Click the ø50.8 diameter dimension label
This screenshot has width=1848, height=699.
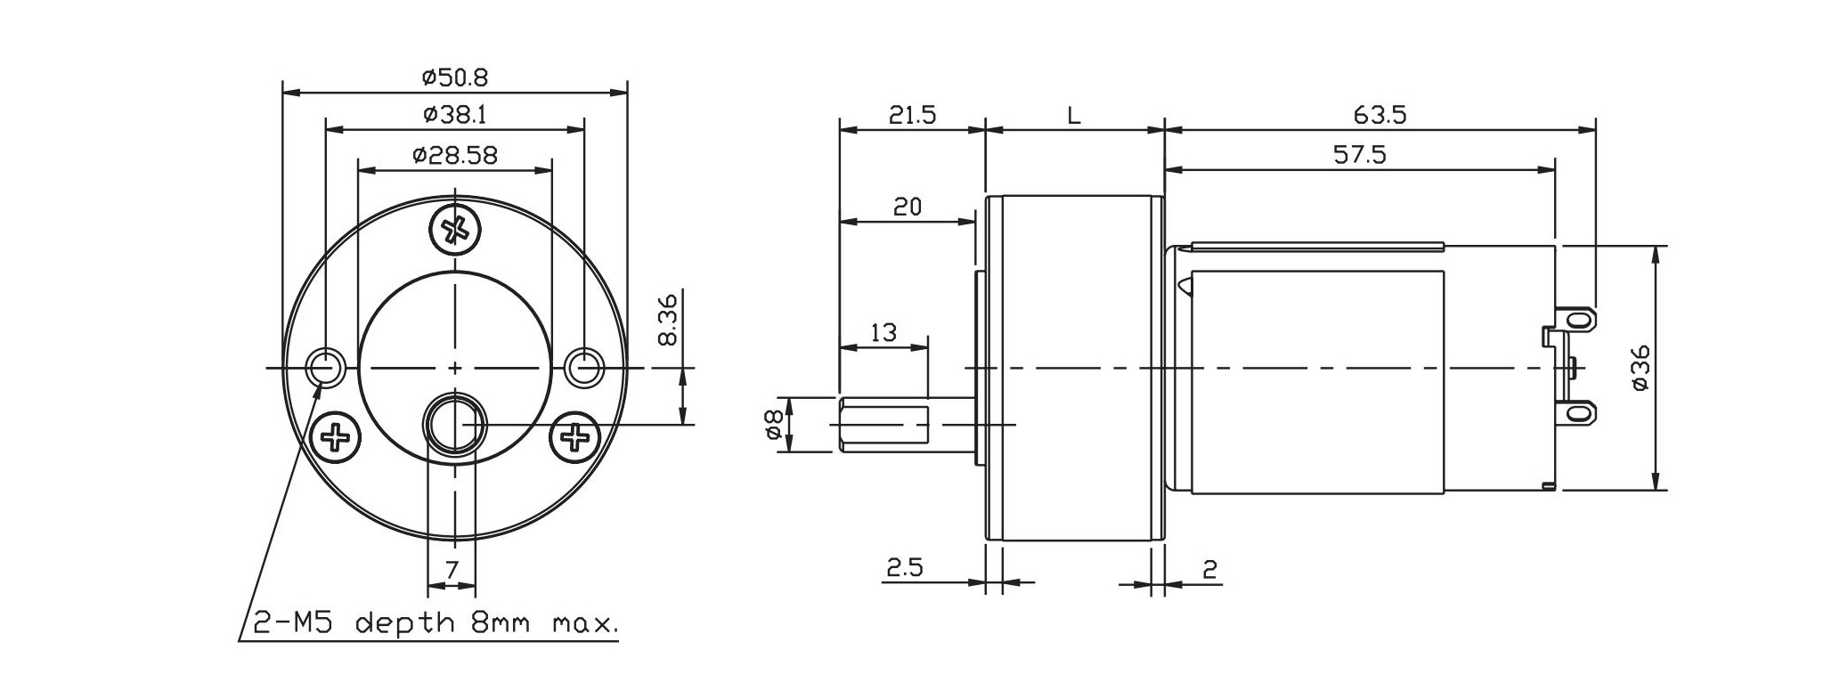[x=454, y=78]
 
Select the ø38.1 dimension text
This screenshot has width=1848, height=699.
[x=454, y=115]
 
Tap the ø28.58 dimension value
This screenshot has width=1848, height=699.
[x=454, y=156]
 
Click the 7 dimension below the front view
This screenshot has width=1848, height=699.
[x=452, y=569]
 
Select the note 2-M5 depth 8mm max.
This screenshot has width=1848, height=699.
[x=436, y=622]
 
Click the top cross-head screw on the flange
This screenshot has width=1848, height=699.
[x=455, y=231]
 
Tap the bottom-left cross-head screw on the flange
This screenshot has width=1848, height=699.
[x=337, y=436]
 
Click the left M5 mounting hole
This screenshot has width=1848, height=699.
[x=326, y=367]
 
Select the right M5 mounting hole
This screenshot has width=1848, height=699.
[x=584, y=367]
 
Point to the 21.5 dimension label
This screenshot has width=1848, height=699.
[x=912, y=116]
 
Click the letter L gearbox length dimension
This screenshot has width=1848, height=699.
[x=1074, y=116]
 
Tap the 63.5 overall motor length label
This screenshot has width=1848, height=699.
[x=1380, y=116]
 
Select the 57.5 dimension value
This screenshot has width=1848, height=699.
[x=1360, y=155]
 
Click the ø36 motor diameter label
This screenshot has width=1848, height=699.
[x=1641, y=367]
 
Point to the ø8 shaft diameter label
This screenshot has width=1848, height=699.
[x=773, y=426]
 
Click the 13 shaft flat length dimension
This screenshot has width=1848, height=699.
[x=883, y=333]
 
